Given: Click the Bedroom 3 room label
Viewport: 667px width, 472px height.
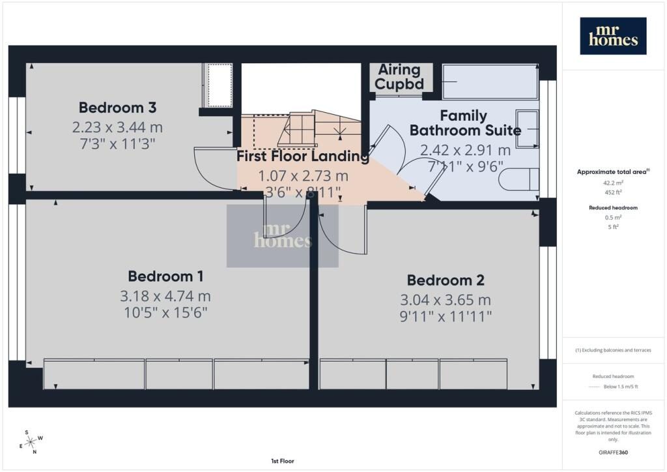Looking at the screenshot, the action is pyautogui.click(x=117, y=108).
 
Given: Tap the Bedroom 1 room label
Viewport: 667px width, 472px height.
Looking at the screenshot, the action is pyautogui.click(x=165, y=276).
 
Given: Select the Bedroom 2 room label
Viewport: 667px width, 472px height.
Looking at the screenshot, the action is pyautogui.click(x=446, y=280).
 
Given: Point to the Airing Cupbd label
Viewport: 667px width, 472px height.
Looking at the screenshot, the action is pyautogui.click(x=399, y=77).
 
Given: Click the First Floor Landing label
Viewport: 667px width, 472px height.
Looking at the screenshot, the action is pyautogui.click(x=302, y=156).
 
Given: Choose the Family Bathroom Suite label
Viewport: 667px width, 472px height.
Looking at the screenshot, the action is pyautogui.click(x=465, y=123).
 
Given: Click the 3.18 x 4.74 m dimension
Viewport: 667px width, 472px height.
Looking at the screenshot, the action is pyautogui.click(x=165, y=296).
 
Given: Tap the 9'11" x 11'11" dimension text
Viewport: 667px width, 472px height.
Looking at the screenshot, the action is pyautogui.click(x=446, y=317).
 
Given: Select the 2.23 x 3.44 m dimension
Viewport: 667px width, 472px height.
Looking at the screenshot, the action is pyautogui.click(x=117, y=127).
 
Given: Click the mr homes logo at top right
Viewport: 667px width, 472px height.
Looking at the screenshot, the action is pyautogui.click(x=613, y=36).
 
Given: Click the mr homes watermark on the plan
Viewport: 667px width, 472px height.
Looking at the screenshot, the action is pyautogui.click(x=283, y=236).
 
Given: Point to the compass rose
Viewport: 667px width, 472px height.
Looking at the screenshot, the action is pyautogui.click(x=31, y=443).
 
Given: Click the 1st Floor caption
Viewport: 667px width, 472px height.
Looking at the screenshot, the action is pyautogui.click(x=283, y=461).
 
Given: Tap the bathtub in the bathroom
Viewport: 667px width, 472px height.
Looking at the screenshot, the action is pyautogui.click(x=490, y=81).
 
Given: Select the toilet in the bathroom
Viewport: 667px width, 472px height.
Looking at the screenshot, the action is pyautogui.click(x=519, y=179).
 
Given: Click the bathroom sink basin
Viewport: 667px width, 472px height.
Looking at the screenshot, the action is pyautogui.click(x=528, y=129).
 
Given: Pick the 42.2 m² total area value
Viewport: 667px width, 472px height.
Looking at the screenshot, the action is pyautogui.click(x=613, y=183).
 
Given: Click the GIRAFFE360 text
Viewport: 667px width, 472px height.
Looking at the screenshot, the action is pyautogui.click(x=613, y=452).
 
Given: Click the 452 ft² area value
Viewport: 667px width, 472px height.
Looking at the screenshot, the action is pyautogui.click(x=613, y=192).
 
